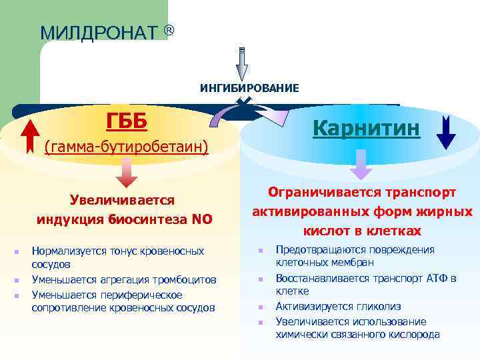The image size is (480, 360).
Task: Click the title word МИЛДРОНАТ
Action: point(99,33)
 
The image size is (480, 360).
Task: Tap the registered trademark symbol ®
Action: point(169,30)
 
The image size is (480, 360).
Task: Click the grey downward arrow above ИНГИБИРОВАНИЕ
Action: point(242,64)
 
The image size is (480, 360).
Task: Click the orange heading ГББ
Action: point(127,121)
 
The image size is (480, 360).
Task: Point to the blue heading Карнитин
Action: point(366,127)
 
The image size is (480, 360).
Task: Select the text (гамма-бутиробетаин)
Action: point(126,146)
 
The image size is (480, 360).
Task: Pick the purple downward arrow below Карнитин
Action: point(361,164)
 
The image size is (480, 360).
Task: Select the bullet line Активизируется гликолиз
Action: point(339,307)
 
